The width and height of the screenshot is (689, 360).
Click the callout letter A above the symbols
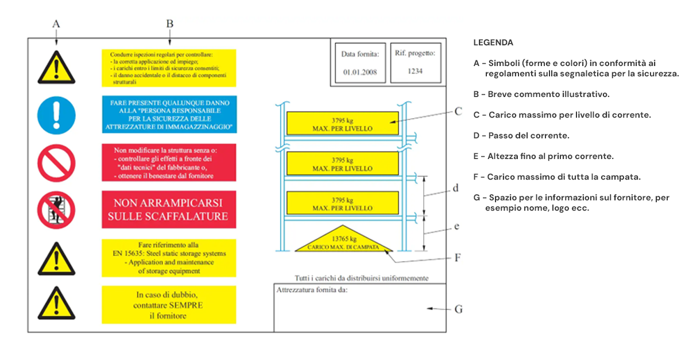56,24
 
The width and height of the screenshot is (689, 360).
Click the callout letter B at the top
169,24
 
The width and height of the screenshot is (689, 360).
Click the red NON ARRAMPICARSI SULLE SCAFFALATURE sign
168,210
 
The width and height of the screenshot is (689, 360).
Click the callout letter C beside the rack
458,112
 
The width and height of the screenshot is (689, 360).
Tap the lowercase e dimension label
456,226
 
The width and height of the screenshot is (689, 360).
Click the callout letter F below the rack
458,258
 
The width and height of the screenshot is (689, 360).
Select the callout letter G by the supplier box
458,309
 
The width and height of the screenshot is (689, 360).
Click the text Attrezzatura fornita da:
312,290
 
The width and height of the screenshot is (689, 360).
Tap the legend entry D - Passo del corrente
521,136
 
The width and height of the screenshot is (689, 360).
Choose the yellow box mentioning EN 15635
168,258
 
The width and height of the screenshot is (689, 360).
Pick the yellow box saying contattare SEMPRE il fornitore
168,305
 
